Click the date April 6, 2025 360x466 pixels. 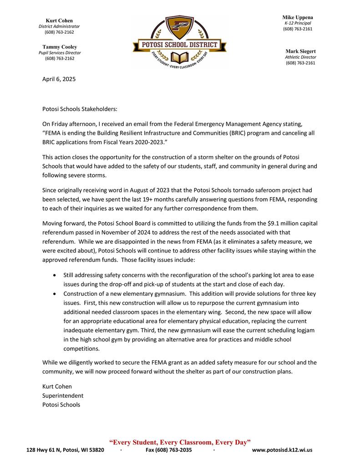(x=59, y=79)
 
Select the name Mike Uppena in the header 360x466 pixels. (x=298, y=17)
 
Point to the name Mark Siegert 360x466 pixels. (x=300, y=51)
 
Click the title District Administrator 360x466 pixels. (x=59, y=26)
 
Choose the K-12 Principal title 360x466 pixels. (x=298, y=23)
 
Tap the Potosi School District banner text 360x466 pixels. (x=179, y=45)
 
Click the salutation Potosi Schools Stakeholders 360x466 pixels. (x=80, y=109)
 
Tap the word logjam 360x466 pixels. (x=304, y=331)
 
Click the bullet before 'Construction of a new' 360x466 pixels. (x=55, y=294)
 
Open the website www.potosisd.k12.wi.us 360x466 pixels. (x=282, y=450)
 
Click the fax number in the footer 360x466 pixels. (x=168, y=450)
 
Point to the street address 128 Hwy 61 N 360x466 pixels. (x=46, y=450)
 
